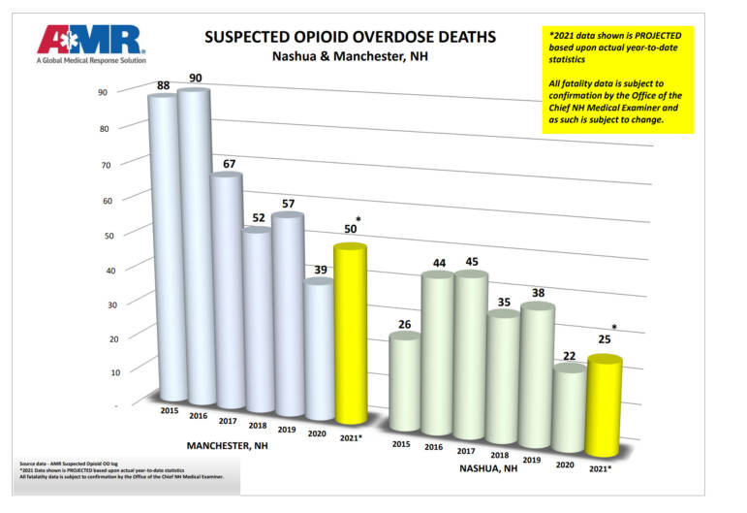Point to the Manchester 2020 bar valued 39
(x=320, y=349)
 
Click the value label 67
(x=229, y=162)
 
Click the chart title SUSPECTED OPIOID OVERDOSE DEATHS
(x=350, y=37)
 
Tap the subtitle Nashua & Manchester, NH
(x=349, y=57)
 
